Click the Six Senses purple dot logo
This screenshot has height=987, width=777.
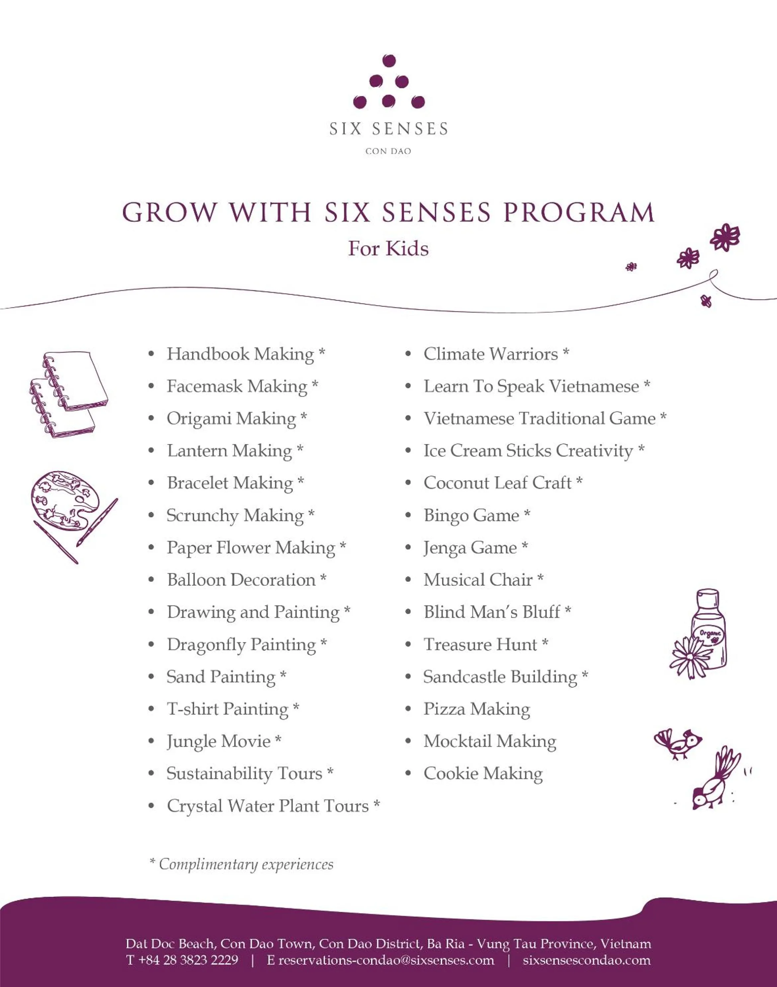click(388, 82)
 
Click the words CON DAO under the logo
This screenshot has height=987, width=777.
click(388, 151)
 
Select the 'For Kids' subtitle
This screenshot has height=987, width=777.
click(388, 248)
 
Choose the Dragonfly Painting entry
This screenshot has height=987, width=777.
click(241, 645)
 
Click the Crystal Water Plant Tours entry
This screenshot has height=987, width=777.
click(268, 806)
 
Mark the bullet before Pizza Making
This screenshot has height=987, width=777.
click(408, 709)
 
